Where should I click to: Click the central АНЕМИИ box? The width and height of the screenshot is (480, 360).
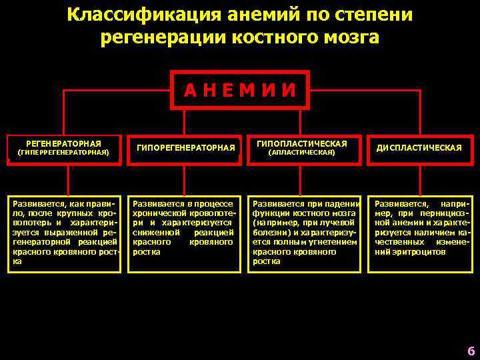(x=240, y=89)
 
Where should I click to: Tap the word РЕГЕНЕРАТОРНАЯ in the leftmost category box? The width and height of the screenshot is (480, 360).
(x=63, y=143)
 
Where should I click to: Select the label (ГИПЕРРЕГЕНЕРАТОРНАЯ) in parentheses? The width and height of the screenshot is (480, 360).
(x=63, y=152)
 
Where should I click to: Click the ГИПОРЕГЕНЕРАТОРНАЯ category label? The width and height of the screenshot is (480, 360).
(x=186, y=147)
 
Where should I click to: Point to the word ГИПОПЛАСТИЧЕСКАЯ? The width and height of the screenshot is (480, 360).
(x=301, y=143)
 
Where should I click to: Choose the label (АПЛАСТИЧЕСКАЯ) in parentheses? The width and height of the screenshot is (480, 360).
(x=301, y=152)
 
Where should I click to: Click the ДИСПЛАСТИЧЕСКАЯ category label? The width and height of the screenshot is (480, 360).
(x=419, y=147)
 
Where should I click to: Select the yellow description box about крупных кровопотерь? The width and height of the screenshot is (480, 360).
(x=65, y=233)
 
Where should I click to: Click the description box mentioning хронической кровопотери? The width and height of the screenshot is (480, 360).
(x=183, y=233)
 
